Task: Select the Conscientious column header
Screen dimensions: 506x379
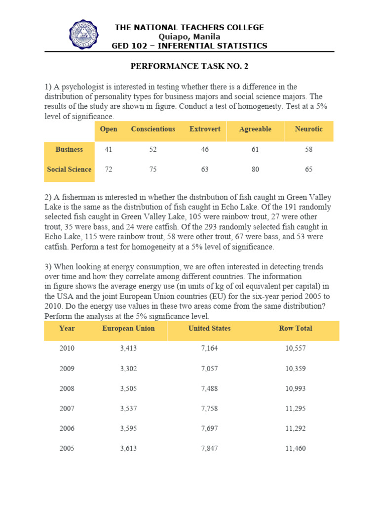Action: (153, 129)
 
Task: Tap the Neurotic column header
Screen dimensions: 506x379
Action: (308, 129)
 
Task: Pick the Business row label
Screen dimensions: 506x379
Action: (69, 150)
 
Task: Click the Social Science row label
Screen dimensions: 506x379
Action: (69, 169)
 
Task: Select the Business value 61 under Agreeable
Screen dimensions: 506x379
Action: (255, 150)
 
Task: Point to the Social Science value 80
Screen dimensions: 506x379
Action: (255, 169)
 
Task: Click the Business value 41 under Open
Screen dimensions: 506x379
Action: (109, 150)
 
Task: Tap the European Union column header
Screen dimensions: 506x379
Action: (128, 329)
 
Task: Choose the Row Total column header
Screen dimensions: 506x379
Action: (295, 329)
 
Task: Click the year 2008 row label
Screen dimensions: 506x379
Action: (67, 389)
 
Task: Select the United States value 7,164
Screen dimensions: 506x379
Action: (209, 349)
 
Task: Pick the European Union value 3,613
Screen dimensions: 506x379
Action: (128, 449)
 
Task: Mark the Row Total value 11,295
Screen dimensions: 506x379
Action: (295, 409)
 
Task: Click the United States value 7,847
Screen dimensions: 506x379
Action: (209, 449)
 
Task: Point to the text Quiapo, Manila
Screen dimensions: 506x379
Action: (189, 37)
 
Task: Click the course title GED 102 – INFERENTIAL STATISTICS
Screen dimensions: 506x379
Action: (189, 46)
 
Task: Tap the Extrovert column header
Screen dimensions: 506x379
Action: (205, 129)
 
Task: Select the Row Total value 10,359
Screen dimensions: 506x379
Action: (295, 369)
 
